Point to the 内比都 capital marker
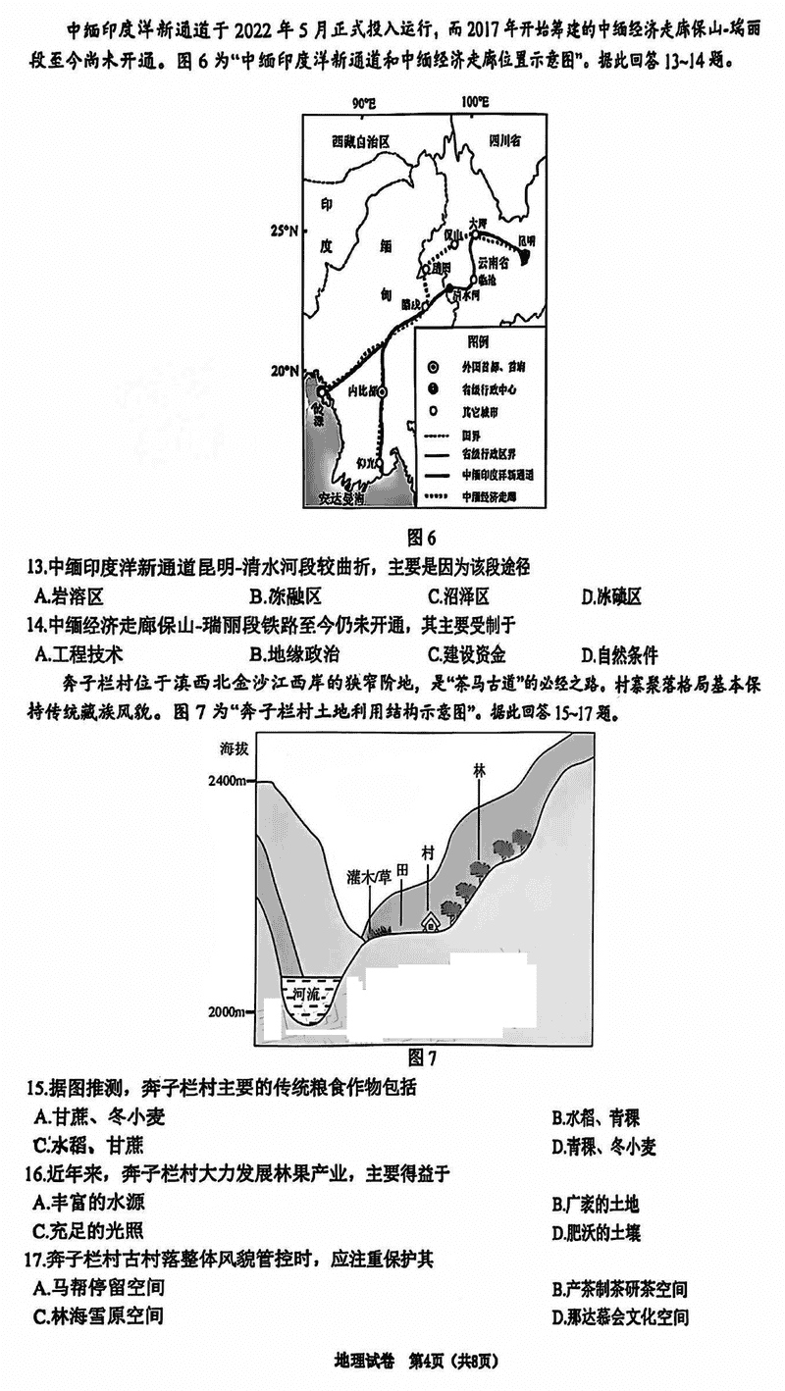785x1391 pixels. click(x=383, y=390)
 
